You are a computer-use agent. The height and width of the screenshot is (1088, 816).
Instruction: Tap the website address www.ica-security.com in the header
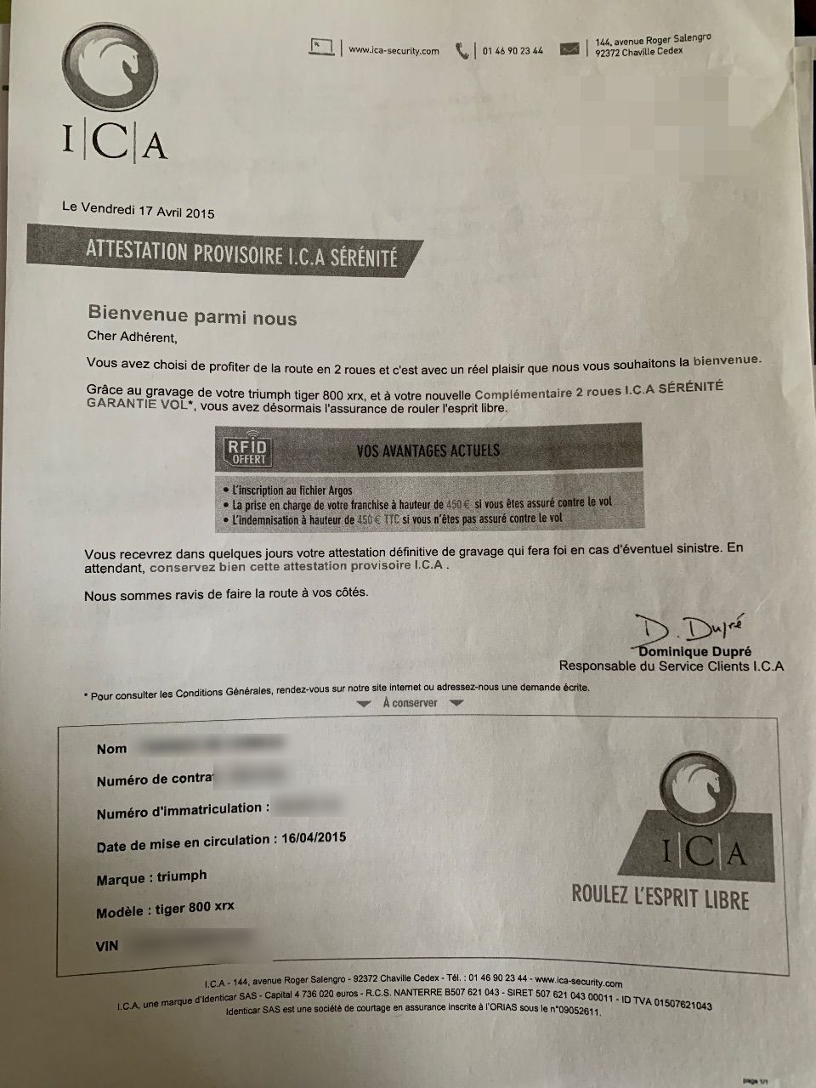(x=394, y=50)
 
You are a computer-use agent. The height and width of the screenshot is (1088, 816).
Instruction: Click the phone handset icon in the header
(x=462, y=51)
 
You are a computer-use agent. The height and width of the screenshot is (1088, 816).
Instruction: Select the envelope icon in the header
(x=569, y=49)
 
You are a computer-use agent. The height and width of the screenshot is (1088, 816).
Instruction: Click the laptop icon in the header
(x=322, y=48)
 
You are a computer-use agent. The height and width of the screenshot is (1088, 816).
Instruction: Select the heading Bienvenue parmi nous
(x=193, y=317)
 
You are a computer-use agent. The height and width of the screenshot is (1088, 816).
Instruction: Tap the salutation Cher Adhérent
(x=133, y=337)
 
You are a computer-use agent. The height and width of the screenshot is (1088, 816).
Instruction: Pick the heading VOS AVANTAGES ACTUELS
(x=428, y=450)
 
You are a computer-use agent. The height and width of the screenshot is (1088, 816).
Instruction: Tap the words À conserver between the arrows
(x=410, y=703)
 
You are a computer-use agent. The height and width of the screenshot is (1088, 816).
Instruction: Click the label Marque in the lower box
(x=121, y=879)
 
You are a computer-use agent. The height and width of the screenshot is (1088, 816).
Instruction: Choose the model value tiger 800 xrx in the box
(x=195, y=909)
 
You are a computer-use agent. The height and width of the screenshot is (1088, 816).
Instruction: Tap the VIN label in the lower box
(x=108, y=945)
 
